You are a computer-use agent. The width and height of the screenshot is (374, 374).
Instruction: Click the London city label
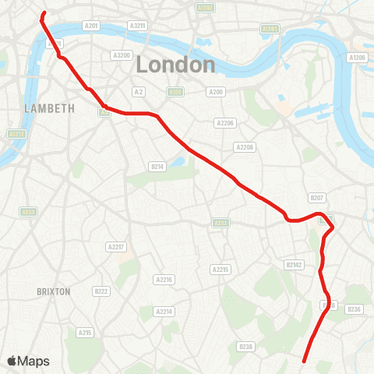tap(175, 65)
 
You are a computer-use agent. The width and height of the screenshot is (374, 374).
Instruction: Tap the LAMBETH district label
tap(48, 108)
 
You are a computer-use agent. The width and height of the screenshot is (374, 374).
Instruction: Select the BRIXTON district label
tap(54, 291)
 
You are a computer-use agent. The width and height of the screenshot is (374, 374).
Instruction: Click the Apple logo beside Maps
tap(13, 361)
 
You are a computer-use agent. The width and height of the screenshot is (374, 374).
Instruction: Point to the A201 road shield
tap(92, 26)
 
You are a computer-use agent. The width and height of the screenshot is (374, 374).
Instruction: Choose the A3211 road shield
tap(137, 26)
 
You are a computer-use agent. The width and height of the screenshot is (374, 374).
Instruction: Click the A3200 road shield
tap(121, 55)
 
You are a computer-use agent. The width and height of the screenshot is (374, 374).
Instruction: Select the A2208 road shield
tap(245, 147)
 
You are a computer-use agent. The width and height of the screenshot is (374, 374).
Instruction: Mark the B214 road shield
tap(157, 166)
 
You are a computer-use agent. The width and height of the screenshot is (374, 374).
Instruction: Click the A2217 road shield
tap(115, 247)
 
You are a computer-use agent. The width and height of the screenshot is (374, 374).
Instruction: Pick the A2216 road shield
tap(164, 279)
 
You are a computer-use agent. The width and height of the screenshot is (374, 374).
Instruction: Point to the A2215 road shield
tap(221, 270)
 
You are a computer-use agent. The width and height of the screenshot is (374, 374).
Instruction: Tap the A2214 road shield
tap(163, 312)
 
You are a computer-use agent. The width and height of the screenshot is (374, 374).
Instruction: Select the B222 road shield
tap(101, 291)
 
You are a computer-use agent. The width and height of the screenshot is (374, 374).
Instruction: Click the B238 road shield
tap(246, 346)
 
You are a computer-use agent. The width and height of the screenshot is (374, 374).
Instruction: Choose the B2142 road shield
tap(294, 265)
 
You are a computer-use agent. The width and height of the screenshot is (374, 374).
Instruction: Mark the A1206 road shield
tap(358, 58)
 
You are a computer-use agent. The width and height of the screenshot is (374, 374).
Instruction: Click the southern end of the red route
tap(303, 362)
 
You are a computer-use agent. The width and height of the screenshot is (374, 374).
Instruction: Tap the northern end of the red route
tap(44, 13)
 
